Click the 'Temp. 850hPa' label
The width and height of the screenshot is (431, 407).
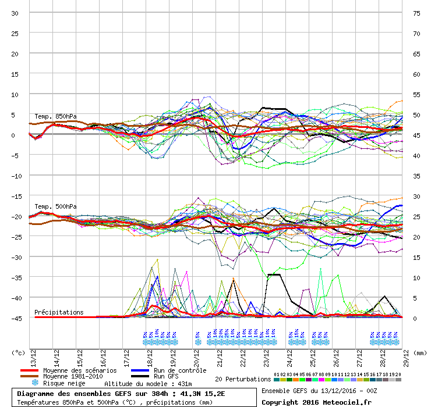pyautogui.click(x=55, y=116)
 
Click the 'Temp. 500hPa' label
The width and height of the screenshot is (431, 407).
pyautogui.click(x=55, y=206)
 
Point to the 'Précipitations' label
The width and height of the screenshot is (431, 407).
pyautogui.click(x=59, y=312)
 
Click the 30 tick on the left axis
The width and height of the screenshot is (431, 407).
pyautogui.click(x=15, y=13)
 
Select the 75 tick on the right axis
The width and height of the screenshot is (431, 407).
pyautogui.click(x=416, y=13)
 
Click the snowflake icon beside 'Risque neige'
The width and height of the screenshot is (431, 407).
pyautogui.click(x=35, y=383)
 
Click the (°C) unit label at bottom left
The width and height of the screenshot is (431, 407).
pyautogui.click(x=18, y=352)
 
